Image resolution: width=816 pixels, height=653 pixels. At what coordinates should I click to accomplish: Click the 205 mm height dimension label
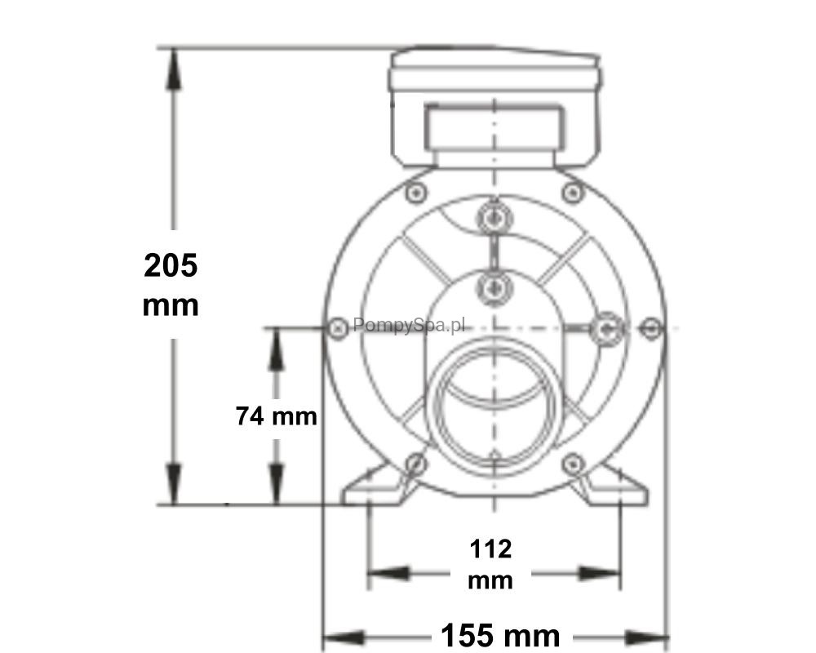(171, 285)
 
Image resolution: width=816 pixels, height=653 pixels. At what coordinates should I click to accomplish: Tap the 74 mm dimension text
(277, 416)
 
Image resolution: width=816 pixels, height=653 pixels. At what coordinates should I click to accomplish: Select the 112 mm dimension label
(490, 565)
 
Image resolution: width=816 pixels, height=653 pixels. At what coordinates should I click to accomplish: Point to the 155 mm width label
(500, 636)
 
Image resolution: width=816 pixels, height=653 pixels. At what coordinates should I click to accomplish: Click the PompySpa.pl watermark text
(409, 326)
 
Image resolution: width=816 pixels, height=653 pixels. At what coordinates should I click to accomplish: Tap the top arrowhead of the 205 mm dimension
(174, 69)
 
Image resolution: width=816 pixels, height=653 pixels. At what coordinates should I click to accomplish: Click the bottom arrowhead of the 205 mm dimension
(174, 484)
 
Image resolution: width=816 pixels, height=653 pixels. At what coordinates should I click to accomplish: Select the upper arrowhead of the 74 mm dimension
(276, 349)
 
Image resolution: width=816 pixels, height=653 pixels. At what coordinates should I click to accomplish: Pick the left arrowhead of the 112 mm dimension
(388, 574)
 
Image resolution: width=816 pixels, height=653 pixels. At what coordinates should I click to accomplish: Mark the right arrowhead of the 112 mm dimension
(600, 574)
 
